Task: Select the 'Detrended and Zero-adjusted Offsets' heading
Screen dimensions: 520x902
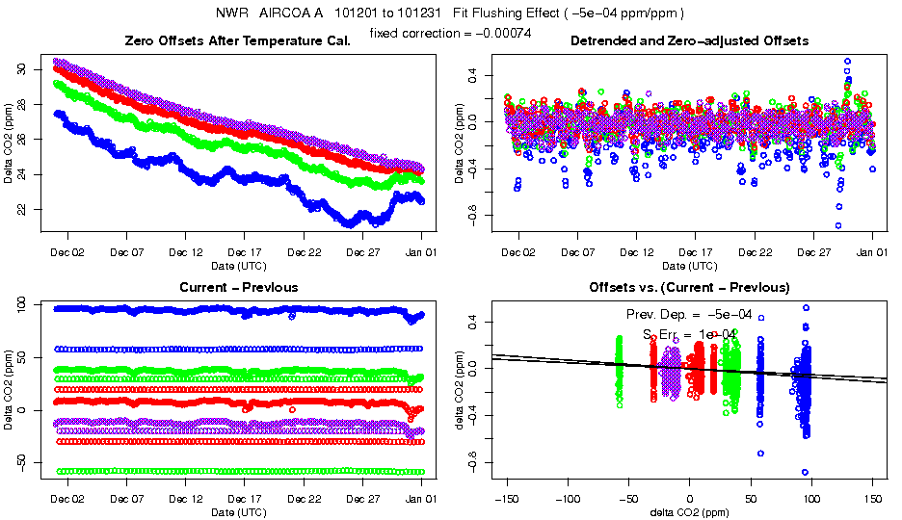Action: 689,41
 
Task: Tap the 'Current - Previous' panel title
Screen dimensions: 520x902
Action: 239,288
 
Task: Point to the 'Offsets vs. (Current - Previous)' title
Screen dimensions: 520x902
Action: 689,288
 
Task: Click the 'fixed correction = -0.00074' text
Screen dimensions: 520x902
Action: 451,34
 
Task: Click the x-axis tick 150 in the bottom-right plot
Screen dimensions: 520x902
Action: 873,500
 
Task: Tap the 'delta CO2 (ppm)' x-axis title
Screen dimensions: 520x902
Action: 689,513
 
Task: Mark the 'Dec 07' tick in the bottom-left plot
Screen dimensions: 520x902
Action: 126,500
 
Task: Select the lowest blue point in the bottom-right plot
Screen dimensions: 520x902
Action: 805,472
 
